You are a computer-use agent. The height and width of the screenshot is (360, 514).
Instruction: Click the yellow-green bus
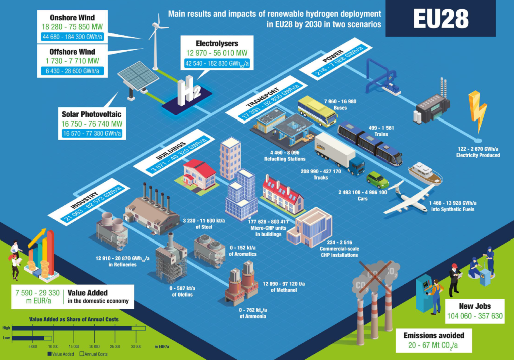[x=317, y=111]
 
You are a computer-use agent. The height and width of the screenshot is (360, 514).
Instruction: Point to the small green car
[x=377, y=179]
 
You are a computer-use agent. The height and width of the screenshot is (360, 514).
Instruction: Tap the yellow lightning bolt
[x=477, y=111]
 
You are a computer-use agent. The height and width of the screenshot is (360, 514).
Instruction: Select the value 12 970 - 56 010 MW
[x=218, y=53]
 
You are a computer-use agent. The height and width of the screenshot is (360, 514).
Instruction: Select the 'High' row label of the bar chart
[x=7, y=328]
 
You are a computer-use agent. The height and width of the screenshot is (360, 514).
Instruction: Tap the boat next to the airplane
[x=424, y=173]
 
